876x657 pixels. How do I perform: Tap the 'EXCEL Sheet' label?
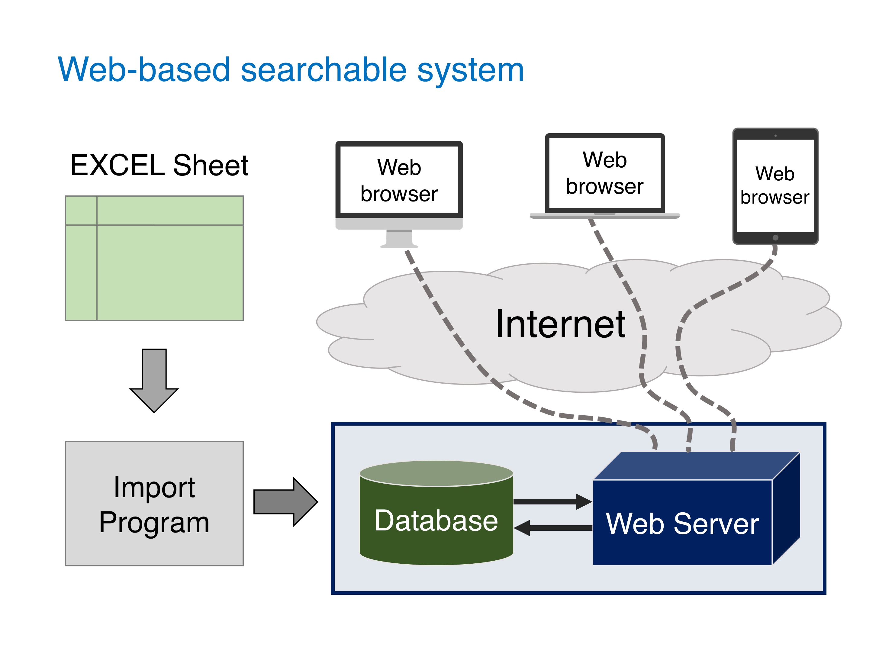click(159, 165)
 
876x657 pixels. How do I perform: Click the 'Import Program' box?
click(154, 503)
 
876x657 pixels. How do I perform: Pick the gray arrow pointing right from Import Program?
click(285, 502)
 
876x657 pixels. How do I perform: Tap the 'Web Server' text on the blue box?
click(682, 524)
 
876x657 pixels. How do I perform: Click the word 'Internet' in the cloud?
click(560, 324)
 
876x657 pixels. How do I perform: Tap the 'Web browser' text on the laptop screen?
click(605, 173)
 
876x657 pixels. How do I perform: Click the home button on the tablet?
click(775, 238)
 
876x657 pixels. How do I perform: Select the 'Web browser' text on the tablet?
click(775, 185)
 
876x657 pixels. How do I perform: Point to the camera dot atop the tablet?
click(775, 135)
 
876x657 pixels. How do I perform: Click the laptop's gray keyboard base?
click(605, 216)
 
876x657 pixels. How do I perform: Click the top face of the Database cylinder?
click(436, 473)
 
